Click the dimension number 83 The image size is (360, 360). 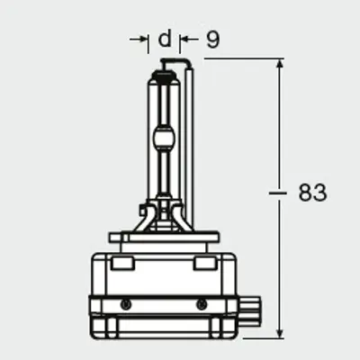click(x=311, y=192)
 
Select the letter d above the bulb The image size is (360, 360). click(x=164, y=40)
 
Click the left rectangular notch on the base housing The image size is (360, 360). click(x=122, y=263)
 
